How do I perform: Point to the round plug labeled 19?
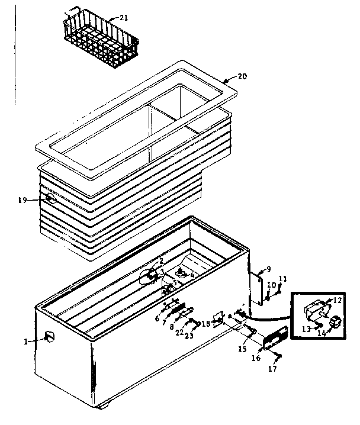click(x=52, y=198)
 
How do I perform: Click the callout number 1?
click(x=26, y=341)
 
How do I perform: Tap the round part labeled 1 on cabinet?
click(x=50, y=337)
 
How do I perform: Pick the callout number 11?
click(x=282, y=278)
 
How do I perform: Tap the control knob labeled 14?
click(x=336, y=321)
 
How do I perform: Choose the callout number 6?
click(x=157, y=318)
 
